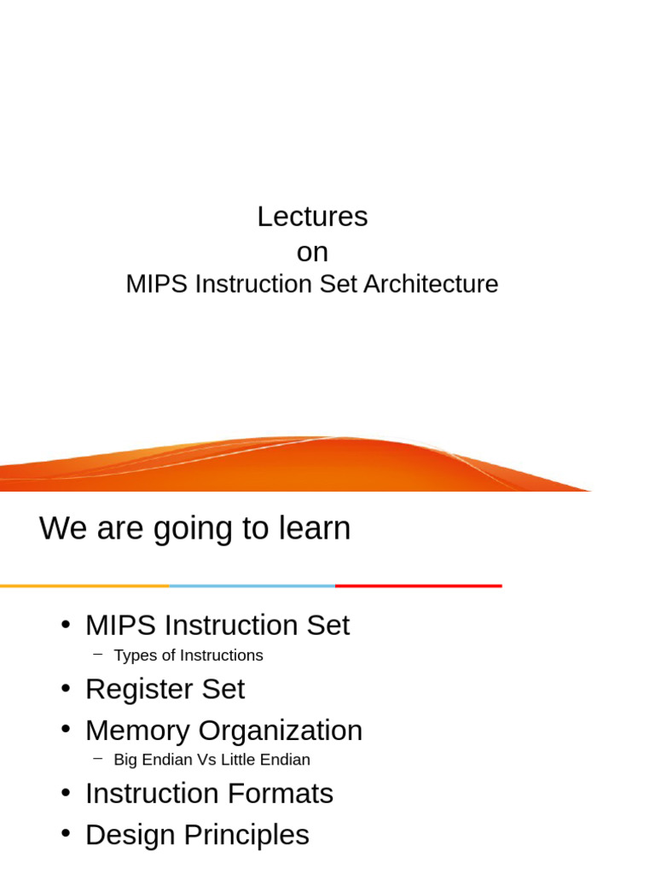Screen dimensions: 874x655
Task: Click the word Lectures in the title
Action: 312,217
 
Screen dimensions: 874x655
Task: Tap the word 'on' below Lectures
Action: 312,253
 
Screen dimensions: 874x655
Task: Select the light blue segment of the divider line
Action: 252,586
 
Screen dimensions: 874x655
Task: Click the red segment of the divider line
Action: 418,586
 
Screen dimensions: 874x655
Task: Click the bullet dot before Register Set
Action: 66,687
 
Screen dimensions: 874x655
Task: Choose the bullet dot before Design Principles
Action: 66,833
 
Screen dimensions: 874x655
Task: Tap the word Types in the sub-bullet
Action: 134,655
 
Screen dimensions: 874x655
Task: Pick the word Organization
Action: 281,731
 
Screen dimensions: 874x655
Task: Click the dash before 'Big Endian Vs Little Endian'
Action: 98,758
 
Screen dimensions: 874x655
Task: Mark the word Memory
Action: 137,731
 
